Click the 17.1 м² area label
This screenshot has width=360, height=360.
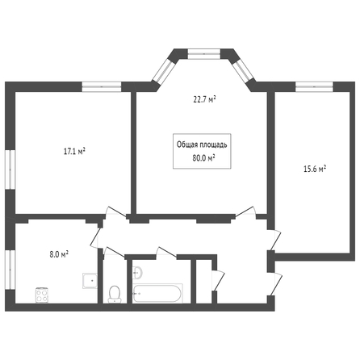74,152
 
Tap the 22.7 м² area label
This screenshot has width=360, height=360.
205,100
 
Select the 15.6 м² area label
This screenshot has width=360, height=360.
315,169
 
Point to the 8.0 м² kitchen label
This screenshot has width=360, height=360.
59,254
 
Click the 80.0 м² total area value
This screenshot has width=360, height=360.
203,158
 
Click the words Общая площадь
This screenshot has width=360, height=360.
202,144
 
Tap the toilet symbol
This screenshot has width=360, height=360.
115,294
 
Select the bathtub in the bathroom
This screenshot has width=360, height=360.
157,294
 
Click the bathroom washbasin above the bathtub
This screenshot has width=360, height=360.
137,273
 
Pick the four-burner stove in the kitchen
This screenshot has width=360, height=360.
42,295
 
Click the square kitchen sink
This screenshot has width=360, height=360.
90,281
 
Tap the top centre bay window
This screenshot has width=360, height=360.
204,54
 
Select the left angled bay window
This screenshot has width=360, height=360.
164,71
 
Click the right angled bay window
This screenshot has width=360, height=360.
244,71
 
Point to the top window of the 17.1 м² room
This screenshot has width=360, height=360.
102,86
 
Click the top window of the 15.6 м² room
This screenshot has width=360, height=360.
314,86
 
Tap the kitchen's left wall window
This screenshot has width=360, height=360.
10,270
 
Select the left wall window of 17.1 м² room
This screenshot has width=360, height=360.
10,170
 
